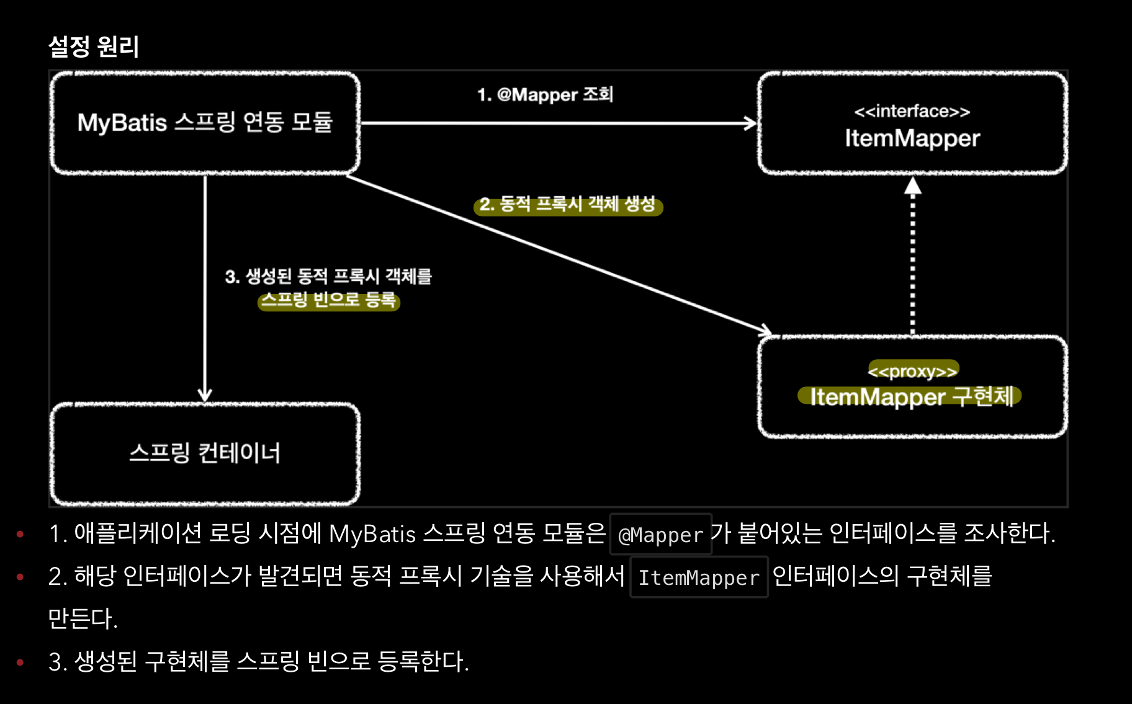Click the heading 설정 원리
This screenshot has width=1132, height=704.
coord(94,47)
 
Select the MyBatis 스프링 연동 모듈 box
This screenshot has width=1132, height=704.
coord(205,123)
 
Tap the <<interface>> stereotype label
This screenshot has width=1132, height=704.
coord(912,112)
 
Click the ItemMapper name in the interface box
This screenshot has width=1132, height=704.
coord(912,138)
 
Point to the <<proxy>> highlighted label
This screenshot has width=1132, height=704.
coord(912,371)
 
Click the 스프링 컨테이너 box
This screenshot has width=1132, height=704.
coord(205,453)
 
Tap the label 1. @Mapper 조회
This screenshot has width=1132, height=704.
coord(545,95)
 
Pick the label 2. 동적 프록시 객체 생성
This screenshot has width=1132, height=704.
coord(567,204)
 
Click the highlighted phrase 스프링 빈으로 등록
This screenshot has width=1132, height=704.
coord(328,301)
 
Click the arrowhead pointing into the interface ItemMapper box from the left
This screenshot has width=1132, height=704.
coord(751,123)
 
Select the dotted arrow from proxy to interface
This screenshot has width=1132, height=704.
coord(912,261)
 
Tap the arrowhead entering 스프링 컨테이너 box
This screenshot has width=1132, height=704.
coord(205,395)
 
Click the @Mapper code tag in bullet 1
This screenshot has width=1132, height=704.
coord(660,535)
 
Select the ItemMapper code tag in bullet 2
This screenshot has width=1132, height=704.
coord(699,577)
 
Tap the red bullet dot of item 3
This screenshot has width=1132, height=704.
coord(20,662)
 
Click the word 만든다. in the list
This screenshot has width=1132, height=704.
coord(83,618)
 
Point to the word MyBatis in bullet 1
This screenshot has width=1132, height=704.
coord(372,534)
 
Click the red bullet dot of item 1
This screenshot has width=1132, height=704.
coord(20,533)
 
